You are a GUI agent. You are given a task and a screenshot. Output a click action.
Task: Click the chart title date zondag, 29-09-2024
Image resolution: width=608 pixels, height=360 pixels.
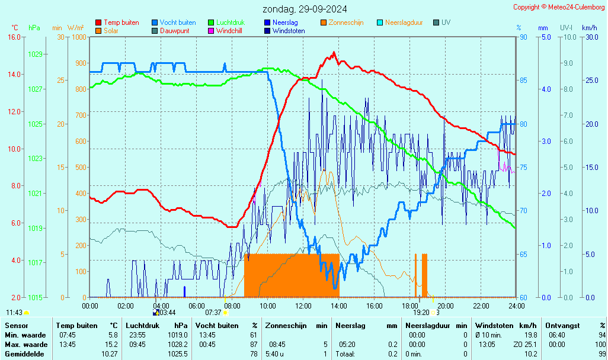pyautogui.click(x=305, y=9)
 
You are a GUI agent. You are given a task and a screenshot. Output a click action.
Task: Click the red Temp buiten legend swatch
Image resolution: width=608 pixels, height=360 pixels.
pyautogui.click(x=98, y=22)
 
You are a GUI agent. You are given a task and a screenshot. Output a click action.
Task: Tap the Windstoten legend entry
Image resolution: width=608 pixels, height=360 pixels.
pyautogui.click(x=289, y=31)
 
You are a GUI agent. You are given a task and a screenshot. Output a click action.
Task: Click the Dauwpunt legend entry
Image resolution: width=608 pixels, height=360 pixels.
pyautogui.click(x=175, y=31)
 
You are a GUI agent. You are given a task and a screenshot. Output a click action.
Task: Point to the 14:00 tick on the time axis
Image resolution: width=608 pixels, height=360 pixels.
pyautogui.click(x=339, y=306)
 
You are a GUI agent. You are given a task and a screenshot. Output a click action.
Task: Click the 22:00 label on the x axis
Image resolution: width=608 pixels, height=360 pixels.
pyautogui.click(x=481, y=306)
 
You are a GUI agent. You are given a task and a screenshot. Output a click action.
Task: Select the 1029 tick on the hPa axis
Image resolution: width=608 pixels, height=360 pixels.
pyautogui.click(x=35, y=54)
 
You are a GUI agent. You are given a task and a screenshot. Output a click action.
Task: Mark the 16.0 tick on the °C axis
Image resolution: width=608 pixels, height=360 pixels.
pyautogui.click(x=14, y=37)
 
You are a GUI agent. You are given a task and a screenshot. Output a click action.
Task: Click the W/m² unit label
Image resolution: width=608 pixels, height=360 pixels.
pyautogui.click(x=75, y=28)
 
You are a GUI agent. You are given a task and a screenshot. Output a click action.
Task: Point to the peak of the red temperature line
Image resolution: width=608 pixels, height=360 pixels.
pyautogui.click(x=334, y=53)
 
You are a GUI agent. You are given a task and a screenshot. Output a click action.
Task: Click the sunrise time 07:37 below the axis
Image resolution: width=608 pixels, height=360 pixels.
pyautogui.click(x=213, y=313)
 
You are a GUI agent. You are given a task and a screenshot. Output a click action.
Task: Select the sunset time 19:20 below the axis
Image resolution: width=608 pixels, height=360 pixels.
pyautogui.click(x=421, y=313)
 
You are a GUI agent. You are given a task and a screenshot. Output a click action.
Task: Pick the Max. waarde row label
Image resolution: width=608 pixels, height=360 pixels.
pyautogui.click(x=26, y=345)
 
